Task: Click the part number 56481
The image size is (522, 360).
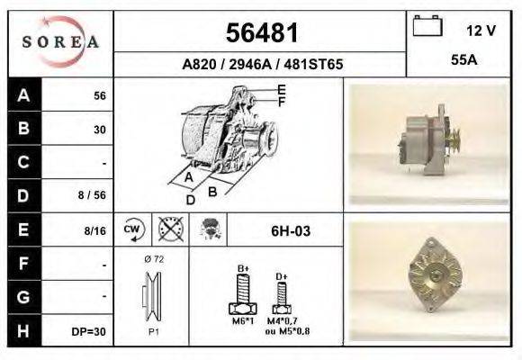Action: point(261,33)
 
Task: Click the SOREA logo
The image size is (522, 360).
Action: point(60,41)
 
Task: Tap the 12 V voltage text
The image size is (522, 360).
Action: point(481,31)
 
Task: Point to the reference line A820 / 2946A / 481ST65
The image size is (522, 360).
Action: point(261,65)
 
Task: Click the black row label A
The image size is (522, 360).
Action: point(24,95)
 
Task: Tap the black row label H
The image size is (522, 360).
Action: point(24,330)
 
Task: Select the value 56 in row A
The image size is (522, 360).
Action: point(100,96)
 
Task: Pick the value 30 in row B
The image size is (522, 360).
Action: point(100,130)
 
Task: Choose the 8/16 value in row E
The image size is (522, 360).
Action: point(94,230)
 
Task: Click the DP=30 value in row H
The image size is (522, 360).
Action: point(90,331)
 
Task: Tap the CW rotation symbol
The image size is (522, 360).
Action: point(133,230)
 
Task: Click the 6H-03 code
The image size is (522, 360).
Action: point(291,231)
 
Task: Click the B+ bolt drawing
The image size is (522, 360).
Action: point(243,292)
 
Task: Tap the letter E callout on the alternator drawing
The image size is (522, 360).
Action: point(281,89)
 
